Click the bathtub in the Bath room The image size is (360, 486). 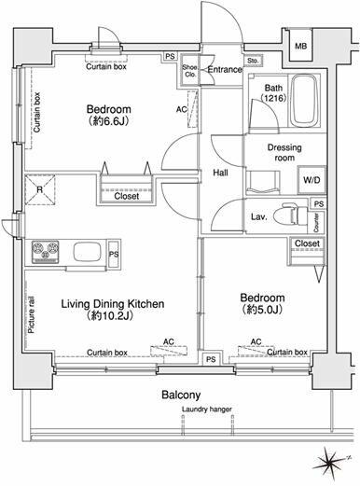(305, 100)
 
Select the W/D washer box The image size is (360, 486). (312, 180)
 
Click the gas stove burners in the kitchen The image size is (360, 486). (45, 251)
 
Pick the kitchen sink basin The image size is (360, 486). (87, 252)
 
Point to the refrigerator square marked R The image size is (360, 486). (40, 189)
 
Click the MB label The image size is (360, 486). (300, 47)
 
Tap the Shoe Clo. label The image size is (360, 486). (189, 71)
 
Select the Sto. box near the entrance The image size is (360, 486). (253, 61)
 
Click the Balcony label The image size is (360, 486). (181, 395)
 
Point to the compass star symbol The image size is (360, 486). (329, 462)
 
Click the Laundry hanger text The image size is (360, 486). (207, 410)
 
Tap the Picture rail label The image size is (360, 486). (32, 315)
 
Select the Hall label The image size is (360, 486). (220, 173)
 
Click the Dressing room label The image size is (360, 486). (284, 152)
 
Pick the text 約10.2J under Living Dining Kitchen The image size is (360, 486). (110, 315)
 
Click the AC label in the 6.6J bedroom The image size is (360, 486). (182, 109)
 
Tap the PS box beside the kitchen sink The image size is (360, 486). (114, 254)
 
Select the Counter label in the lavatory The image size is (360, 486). (316, 222)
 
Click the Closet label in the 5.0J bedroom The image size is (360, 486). (307, 243)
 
